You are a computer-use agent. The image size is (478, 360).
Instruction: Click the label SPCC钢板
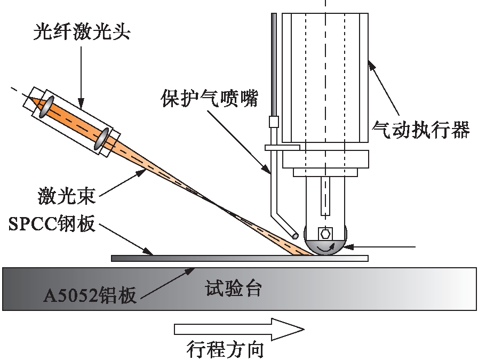click(52, 224)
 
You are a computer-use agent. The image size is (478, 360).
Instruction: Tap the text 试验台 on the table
click(233, 290)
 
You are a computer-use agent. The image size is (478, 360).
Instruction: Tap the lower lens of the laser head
click(101, 138)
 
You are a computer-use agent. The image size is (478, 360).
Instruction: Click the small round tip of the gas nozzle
click(294, 235)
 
